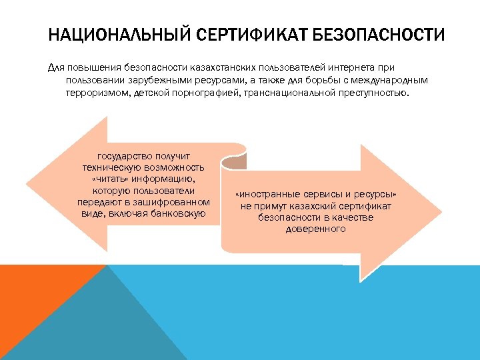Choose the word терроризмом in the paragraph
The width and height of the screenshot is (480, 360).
(x=95, y=92)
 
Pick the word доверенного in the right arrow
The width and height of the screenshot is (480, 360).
(x=316, y=229)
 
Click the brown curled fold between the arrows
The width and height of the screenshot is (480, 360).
(x=235, y=161)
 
